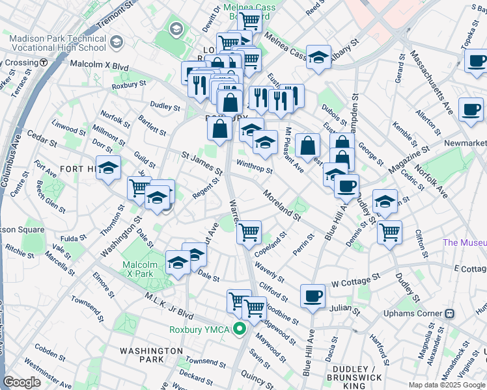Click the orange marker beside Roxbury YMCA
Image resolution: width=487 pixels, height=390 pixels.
pyautogui.click(x=240, y=330)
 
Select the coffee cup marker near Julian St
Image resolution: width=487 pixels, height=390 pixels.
pyautogui.click(x=313, y=296)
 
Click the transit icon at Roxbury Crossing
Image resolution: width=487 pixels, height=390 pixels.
pyautogui.click(x=44, y=62)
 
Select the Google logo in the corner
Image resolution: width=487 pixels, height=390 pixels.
pyautogui.click(x=22, y=382)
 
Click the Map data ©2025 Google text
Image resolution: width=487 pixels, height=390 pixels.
pyautogui.click(x=447, y=385)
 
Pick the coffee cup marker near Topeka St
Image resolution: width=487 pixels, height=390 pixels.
pyautogui.click(x=476, y=62)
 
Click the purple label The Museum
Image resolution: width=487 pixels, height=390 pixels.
pyautogui.click(x=464, y=242)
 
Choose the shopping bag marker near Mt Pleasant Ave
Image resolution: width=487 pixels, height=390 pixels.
pyautogui.click(x=307, y=147)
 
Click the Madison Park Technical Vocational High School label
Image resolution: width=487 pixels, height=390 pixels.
pyautogui.click(x=58, y=43)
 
